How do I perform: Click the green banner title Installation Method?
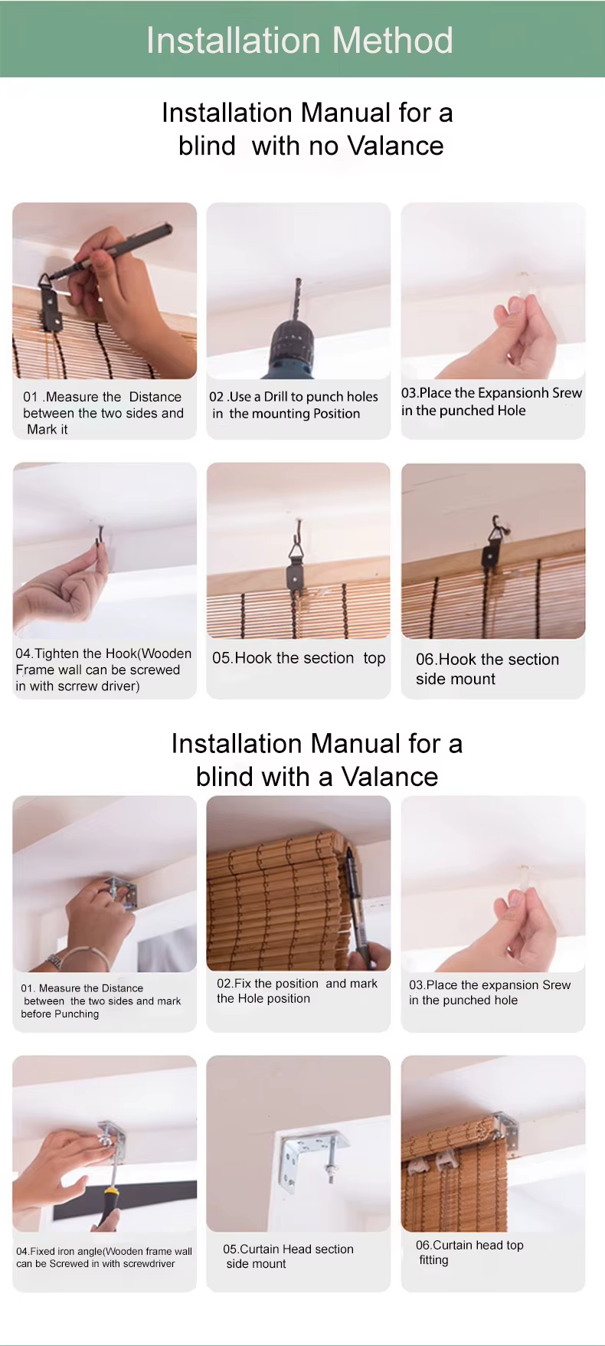pos(299,41)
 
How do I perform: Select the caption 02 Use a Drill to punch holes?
pos(294,405)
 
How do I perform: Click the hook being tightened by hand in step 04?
pos(100,533)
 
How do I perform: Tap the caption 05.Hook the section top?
pos(299,658)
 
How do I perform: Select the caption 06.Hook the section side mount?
pos(487,669)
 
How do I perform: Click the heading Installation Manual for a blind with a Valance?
pos(317,760)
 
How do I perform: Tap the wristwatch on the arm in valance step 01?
pos(54,960)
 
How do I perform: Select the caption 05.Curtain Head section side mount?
pos(288,1256)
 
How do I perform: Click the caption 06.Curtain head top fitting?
pos(469,1253)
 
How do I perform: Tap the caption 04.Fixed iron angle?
pos(104,1257)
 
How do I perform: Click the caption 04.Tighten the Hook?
pos(103,670)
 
